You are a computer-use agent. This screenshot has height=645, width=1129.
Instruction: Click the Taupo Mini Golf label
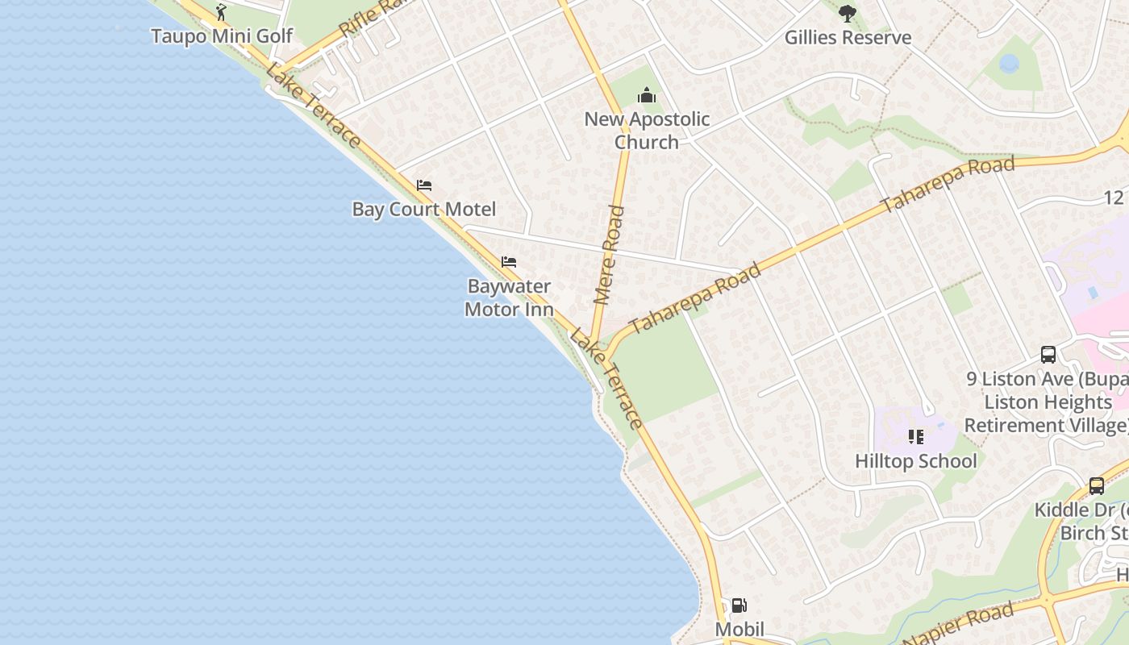[222, 36]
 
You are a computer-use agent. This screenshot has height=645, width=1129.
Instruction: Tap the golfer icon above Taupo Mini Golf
[222, 12]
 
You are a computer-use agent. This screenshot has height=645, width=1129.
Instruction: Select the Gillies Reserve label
[848, 37]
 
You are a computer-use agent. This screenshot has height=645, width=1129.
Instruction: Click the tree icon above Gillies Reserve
[847, 13]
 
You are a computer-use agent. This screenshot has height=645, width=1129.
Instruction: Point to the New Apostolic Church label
[647, 131]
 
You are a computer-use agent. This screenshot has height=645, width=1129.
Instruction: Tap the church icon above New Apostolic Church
[647, 96]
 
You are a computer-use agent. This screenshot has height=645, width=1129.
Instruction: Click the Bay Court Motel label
[424, 210]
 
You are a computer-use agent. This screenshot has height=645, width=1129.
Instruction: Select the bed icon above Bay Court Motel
[424, 185]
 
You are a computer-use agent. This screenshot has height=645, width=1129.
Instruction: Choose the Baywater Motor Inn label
[509, 298]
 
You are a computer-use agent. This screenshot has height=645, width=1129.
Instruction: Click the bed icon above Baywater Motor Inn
[509, 262]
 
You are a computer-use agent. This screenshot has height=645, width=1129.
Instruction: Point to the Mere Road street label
[610, 255]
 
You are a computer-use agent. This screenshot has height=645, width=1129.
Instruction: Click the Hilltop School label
[915, 461]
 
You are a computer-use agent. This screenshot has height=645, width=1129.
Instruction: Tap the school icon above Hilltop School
[915, 437]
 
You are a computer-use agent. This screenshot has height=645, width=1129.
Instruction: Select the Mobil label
[739, 629]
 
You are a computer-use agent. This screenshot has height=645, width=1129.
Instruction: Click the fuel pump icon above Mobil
[739, 605]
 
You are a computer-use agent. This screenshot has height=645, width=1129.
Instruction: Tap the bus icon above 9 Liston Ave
[1048, 354]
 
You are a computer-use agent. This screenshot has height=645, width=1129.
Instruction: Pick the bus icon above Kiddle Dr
[1097, 485]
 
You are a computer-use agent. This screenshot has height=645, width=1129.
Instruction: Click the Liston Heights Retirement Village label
[1047, 414]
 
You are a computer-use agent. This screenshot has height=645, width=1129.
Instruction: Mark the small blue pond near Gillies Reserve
[1009, 63]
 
